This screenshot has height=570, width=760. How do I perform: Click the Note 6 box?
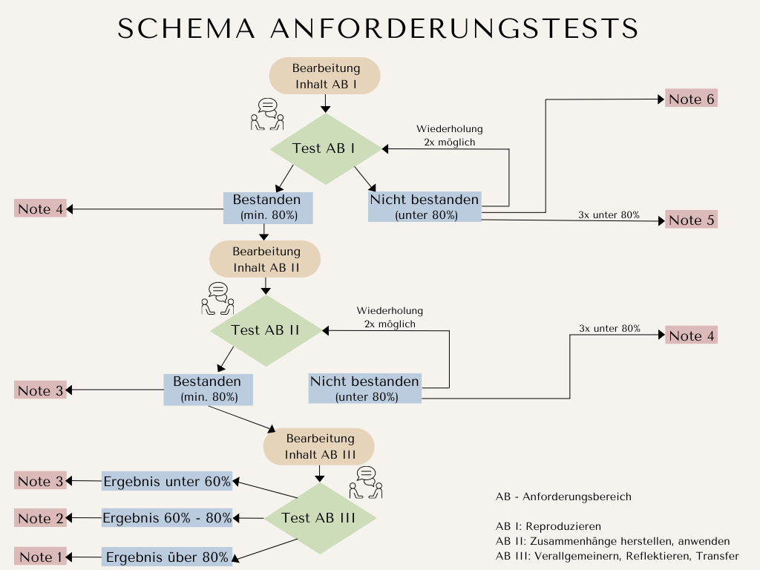click(x=692, y=99)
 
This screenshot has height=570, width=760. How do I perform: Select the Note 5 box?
click(x=692, y=220)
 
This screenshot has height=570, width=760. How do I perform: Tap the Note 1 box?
click(x=41, y=557)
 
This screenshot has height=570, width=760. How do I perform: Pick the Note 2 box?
click(x=41, y=518)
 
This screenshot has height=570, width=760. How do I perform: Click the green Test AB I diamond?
click(x=324, y=148)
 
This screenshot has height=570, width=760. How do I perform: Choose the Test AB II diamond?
click(x=265, y=330)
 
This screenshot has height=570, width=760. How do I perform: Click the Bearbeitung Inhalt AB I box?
click(x=325, y=76)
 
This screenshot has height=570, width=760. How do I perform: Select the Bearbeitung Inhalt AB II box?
click(x=265, y=259)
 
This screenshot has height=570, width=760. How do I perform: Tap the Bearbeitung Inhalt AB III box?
click(x=319, y=447)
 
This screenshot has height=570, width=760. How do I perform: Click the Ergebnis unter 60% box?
click(x=167, y=481)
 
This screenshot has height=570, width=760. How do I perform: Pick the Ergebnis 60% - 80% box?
click(x=167, y=518)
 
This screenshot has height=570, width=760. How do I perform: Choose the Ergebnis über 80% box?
click(x=167, y=557)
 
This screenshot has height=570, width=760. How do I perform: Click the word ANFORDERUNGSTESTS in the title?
click(x=454, y=28)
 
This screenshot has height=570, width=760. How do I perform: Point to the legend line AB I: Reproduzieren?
click(x=548, y=526)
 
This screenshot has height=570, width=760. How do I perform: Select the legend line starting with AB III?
click(x=617, y=556)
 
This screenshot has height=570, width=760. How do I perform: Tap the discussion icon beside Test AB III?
click(x=366, y=482)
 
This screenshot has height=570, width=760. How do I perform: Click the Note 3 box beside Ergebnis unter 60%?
click(x=41, y=481)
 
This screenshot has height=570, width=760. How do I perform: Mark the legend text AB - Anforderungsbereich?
click(x=563, y=497)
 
